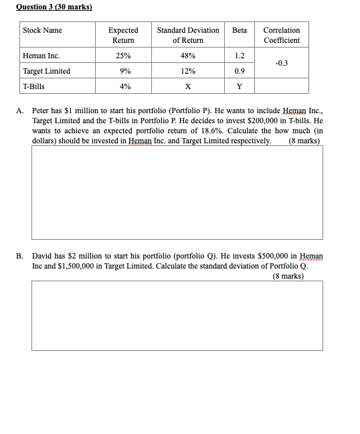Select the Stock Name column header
click(42, 31)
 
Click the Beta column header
click(240, 31)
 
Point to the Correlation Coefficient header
click(281, 35)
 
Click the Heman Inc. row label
click(41, 56)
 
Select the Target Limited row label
click(46, 71)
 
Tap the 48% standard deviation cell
click(188, 56)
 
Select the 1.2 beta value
click(240, 56)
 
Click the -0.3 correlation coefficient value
click(281, 63)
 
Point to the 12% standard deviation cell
click(188, 71)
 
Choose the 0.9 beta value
click(240, 71)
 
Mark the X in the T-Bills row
click(188, 86)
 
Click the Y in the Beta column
click(240, 86)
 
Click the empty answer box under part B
click(177, 315)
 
